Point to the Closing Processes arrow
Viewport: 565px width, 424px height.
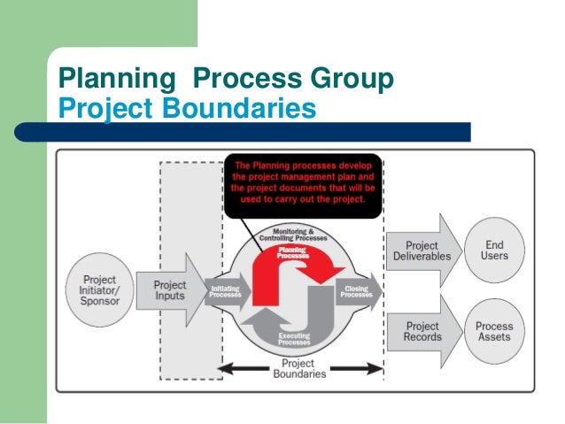[358, 291]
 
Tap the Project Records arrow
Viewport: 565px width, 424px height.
[422, 332]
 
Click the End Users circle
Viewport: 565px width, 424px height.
[495, 250]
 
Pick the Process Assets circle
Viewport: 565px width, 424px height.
[494, 332]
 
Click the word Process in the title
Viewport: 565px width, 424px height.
[244, 81]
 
